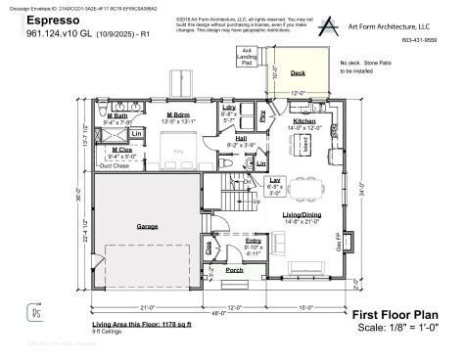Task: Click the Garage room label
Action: point(147,226)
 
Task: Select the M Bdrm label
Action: point(178,115)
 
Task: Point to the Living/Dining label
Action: point(304,213)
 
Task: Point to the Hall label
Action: point(240,138)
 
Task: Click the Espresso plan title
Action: point(54,19)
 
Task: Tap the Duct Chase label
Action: point(115,166)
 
